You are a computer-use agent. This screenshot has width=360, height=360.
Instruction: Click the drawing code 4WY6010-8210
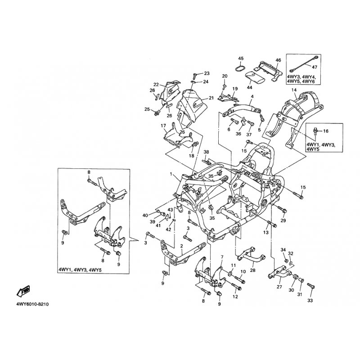click(x=32, y=305)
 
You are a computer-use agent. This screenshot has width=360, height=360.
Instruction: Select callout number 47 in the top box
click(x=315, y=67)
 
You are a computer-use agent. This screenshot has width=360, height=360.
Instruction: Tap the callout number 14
click(x=294, y=90)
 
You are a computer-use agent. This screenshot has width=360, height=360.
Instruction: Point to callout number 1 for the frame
click(x=171, y=174)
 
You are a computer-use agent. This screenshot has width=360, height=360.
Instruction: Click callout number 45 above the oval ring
click(x=241, y=58)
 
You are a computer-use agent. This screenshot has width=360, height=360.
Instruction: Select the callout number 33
click(x=310, y=300)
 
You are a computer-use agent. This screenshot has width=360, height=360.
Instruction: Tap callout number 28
click(x=252, y=270)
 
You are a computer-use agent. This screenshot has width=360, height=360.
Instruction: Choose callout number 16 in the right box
click(x=326, y=131)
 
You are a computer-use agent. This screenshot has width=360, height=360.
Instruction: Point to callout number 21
click(x=211, y=98)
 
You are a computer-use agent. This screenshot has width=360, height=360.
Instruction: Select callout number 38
click(x=207, y=152)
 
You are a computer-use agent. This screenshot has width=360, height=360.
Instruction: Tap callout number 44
click(x=250, y=88)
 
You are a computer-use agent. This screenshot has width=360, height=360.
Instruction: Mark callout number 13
click(x=266, y=233)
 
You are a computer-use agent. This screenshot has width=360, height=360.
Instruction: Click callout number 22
click(x=156, y=85)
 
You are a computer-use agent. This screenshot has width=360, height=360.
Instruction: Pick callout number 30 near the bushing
click(x=291, y=290)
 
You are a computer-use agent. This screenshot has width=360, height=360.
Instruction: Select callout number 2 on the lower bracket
click(x=181, y=246)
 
